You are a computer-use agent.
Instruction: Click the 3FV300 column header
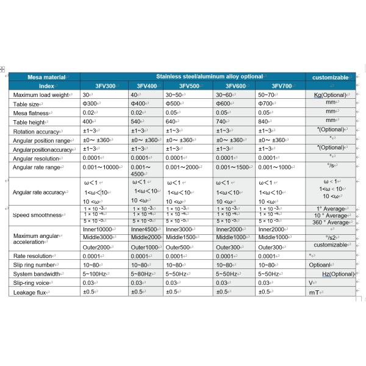coord(106,86)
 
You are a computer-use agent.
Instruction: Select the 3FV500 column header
coord(190,86)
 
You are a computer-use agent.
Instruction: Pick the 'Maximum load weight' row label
coord(42,95)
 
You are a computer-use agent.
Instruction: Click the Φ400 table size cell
coord(139,104)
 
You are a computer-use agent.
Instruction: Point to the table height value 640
coord(171,122)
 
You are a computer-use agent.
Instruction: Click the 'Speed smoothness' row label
coord(38,215)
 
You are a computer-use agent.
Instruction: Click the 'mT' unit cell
coord(315,292)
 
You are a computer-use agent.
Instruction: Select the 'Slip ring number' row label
coord(35,265)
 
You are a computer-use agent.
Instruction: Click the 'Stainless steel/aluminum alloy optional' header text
coord(209,77)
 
